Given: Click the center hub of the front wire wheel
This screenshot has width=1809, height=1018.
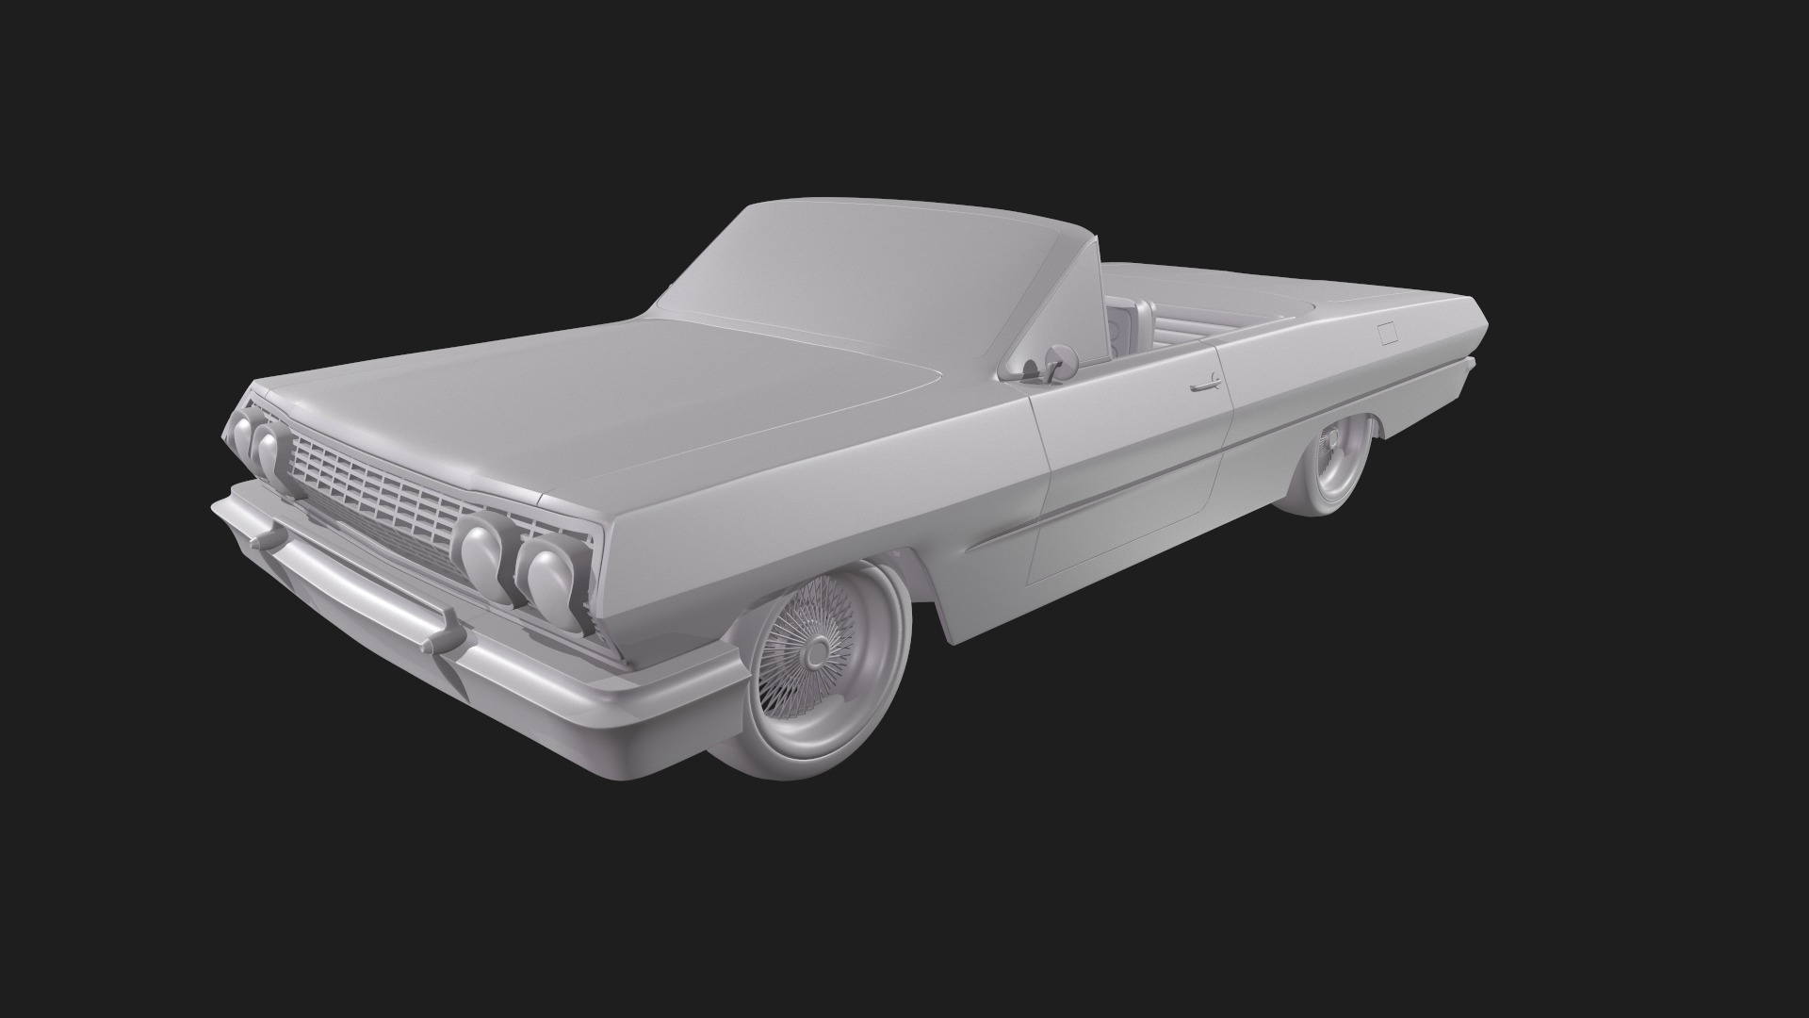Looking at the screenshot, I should pos(813,649).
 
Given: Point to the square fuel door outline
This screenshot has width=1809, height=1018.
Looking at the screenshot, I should pos(1386,332).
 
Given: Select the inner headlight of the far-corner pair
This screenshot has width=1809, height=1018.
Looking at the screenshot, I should pos(270,447).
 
